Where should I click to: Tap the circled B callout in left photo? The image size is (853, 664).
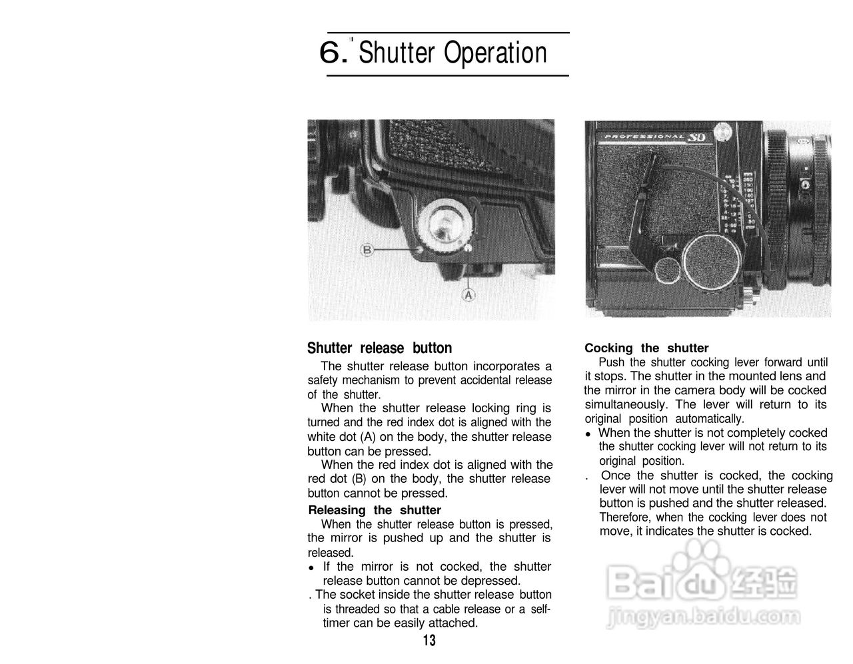pyautogui.click(x=367, y=250)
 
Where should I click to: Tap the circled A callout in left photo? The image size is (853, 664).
pyautogui.click(x=468, y=294)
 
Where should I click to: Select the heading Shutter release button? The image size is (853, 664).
pyautogui.click(x=379, y=348)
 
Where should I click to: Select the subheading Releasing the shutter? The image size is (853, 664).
pyautogui.click(x=375, y=510)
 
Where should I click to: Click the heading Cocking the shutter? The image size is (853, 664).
pyautogui.click(x=646, y=348)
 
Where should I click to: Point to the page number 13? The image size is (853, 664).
pyautogui.click(x=429, y=641)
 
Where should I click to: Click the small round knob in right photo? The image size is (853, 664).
pyautogui.click(x=667, y=272)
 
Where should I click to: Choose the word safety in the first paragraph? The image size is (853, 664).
pyautogui.click(x=324, y=380)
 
